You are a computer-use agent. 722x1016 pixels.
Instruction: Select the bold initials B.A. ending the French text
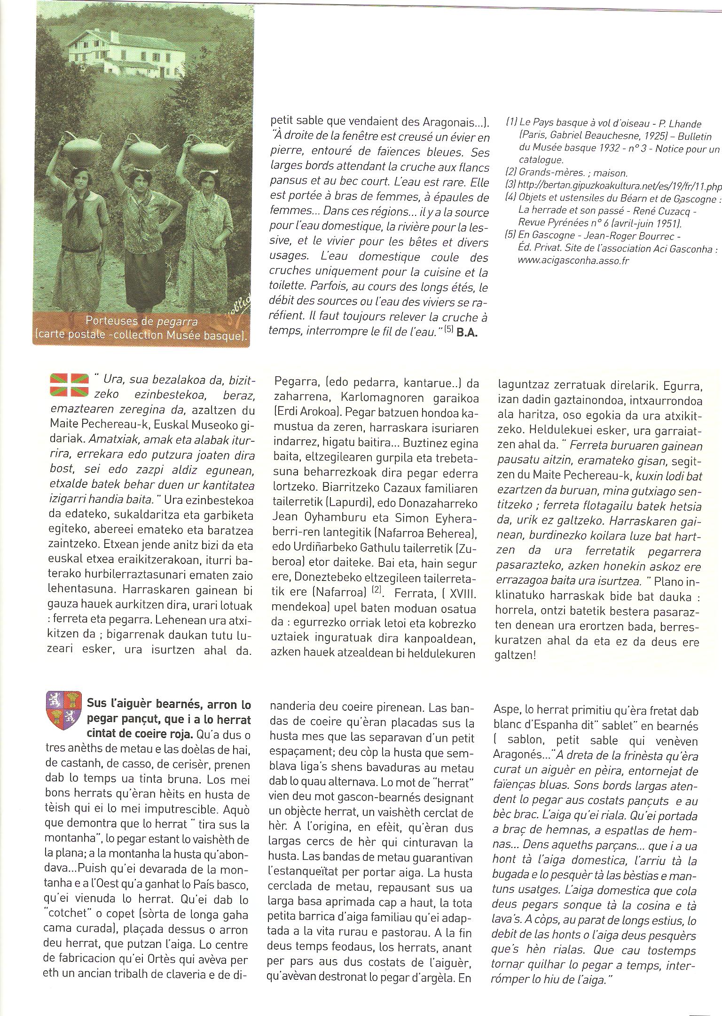(467, 332)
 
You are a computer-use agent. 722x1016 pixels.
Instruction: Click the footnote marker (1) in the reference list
(511, 123)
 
